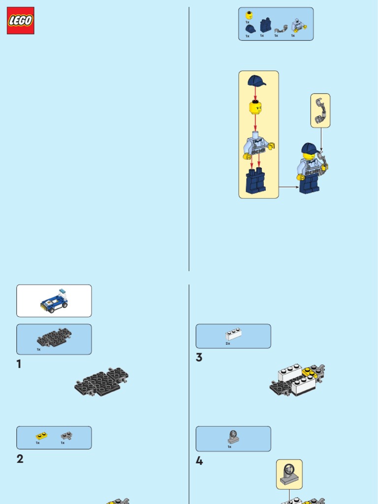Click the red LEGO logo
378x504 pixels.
click(x=21, y=21)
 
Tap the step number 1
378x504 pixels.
click(x=19, y=364)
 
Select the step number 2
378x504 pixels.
click(x=20, y=459)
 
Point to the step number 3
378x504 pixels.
click(x=199, y=357)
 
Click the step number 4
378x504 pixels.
click(x=199, y=461)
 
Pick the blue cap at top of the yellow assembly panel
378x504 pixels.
click(x=256, y=81)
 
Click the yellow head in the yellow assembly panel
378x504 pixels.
click(x=255, y=107)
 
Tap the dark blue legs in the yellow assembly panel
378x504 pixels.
click(x=255, y=181)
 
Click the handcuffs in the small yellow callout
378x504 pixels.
click(x=320, y=111)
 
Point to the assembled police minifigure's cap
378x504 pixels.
click(x=310, y=148)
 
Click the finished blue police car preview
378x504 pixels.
click(x=54, y=301)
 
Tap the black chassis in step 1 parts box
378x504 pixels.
click(x=54, y=337)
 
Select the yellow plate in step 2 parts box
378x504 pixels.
click(x=41, y=436)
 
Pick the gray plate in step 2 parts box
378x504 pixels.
click(x=66, y=436)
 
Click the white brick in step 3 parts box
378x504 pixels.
click(x=233, y=334)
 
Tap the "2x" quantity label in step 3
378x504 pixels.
click(x=228, y=344)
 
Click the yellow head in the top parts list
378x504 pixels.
click(x=249, y=15)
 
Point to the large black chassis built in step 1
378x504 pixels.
click(x=101, y=381)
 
